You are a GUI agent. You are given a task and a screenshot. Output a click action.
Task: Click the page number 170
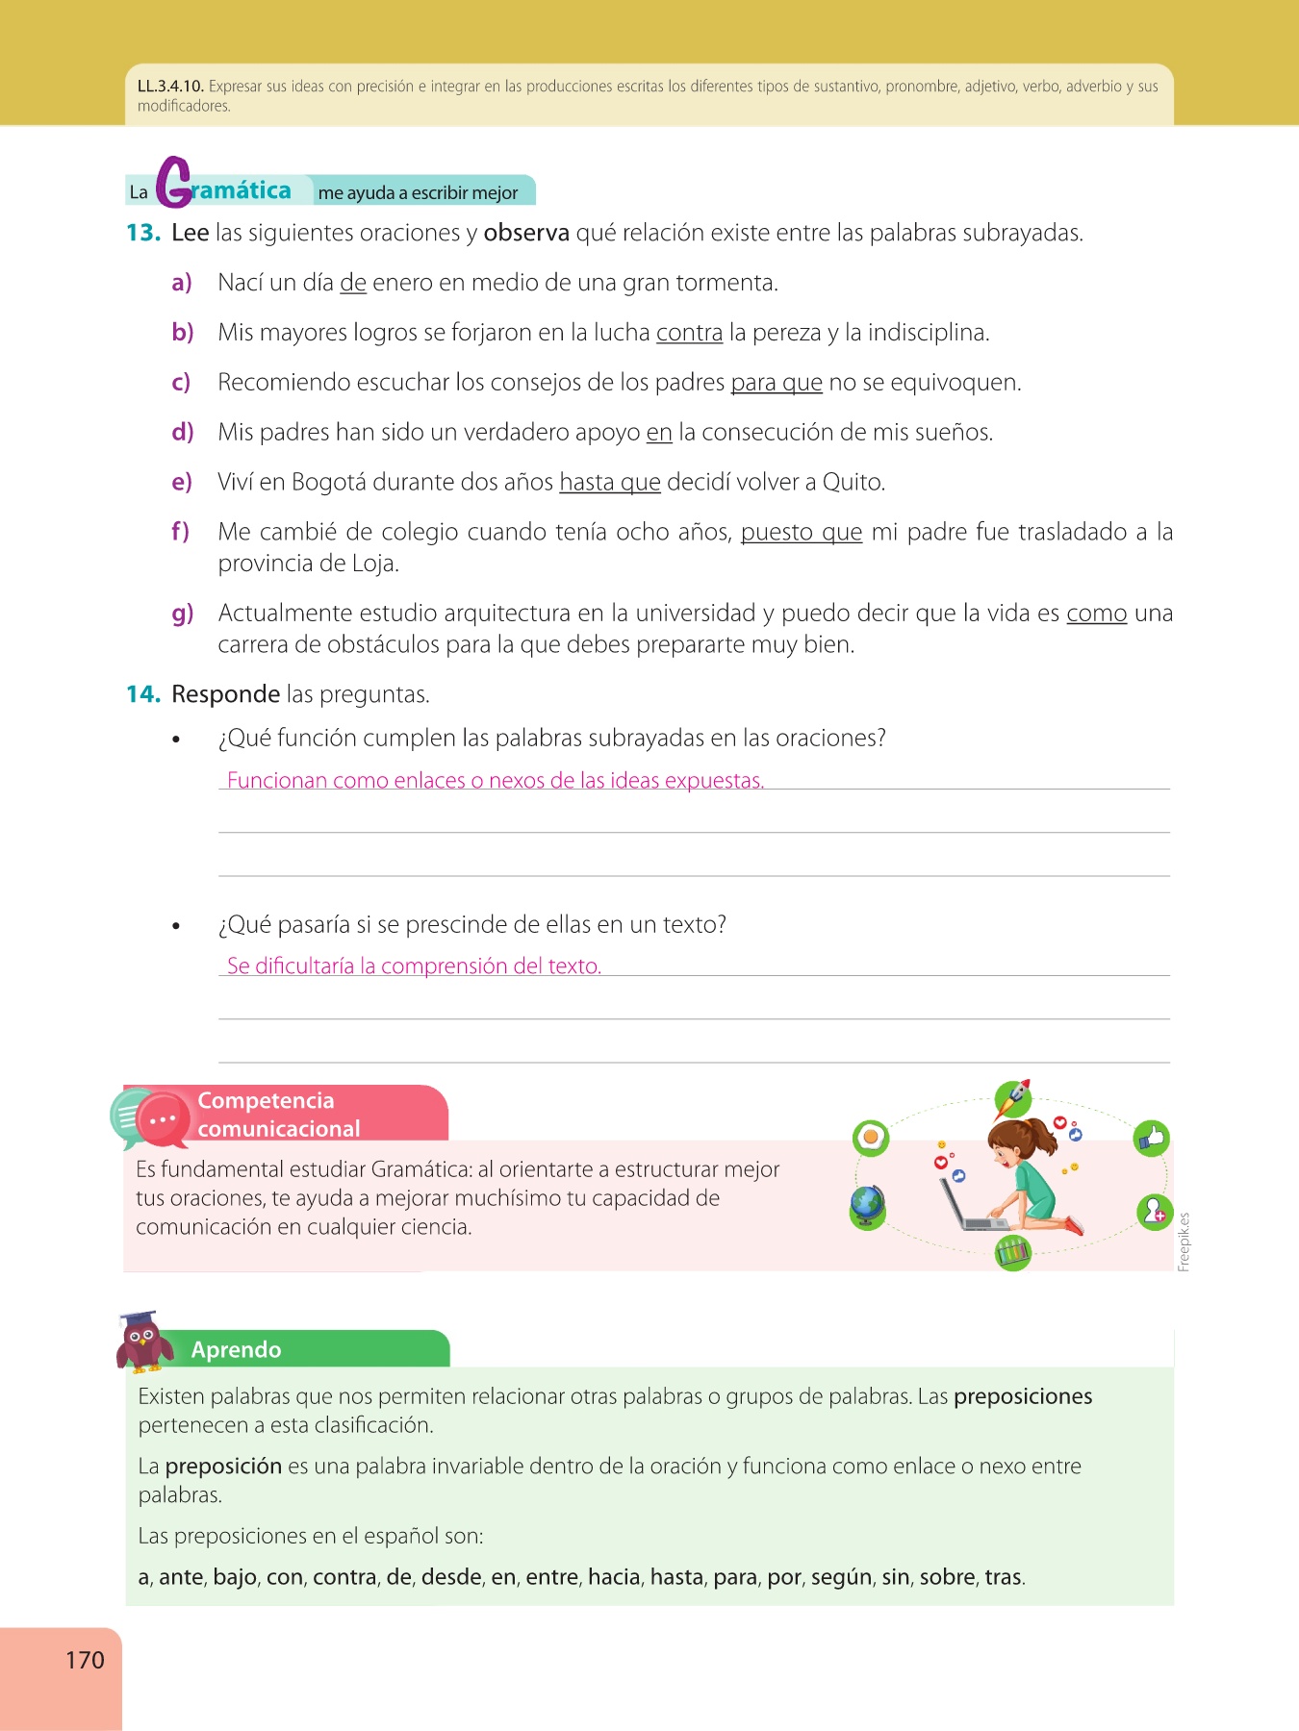click(x=85, y=1660)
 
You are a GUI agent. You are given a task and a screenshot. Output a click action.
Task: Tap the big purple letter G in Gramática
click(x=174, y=183)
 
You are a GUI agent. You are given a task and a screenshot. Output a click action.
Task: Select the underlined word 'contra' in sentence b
click(x=689, y=333)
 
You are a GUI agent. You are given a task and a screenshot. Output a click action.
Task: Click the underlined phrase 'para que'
click(x=777, y=383)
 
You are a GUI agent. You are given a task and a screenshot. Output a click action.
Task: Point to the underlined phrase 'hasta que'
click(x=610, y=482)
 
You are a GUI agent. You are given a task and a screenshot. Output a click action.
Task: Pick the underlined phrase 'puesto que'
click(x=801, y=532)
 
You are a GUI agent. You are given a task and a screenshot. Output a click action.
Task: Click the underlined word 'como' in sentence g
click(x=1096, y=614)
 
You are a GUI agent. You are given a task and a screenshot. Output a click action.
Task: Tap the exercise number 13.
click(x=142, y=233)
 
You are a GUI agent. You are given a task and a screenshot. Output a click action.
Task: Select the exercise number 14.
click(x=142, y=694)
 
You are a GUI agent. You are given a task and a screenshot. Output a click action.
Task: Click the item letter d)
click(x=183, y=433)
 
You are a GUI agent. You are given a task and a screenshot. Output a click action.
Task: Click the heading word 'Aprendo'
click(x=236, y=1350)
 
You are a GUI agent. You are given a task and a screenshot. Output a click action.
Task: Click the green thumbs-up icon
click(x=1151, y=1139)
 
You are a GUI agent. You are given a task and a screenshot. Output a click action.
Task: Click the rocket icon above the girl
click(x=1012, y=1097)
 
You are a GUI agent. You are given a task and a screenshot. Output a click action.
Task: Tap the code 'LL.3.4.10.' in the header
click(x=170, y=87)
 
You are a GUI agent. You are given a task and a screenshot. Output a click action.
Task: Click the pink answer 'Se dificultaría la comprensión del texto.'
click(x=414, y=966)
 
